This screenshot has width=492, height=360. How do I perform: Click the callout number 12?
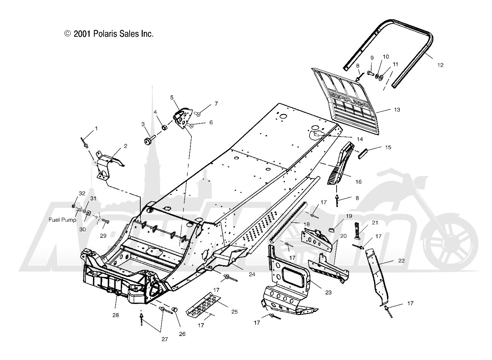coord(440,65)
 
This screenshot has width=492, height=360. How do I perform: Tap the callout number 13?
coord(397,110)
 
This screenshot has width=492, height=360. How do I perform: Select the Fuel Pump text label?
coord(62,220)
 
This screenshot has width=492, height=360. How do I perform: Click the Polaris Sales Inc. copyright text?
coord(109,34)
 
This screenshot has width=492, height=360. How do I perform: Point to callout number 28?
coord(116,315)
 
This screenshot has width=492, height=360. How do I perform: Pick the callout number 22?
coord(401,260)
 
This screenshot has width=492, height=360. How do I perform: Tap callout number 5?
coord(172,97)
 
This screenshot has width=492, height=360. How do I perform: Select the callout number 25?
coord(234,312)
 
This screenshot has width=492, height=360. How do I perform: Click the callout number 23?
coord(328,292)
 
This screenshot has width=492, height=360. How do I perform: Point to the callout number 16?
coord(358,182)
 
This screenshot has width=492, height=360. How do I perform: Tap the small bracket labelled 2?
coord(106,166)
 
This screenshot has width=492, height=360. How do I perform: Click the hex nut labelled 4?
coord(164,128)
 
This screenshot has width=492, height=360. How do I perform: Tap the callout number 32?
coord(82,194)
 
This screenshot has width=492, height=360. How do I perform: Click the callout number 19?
coord(349,216)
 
